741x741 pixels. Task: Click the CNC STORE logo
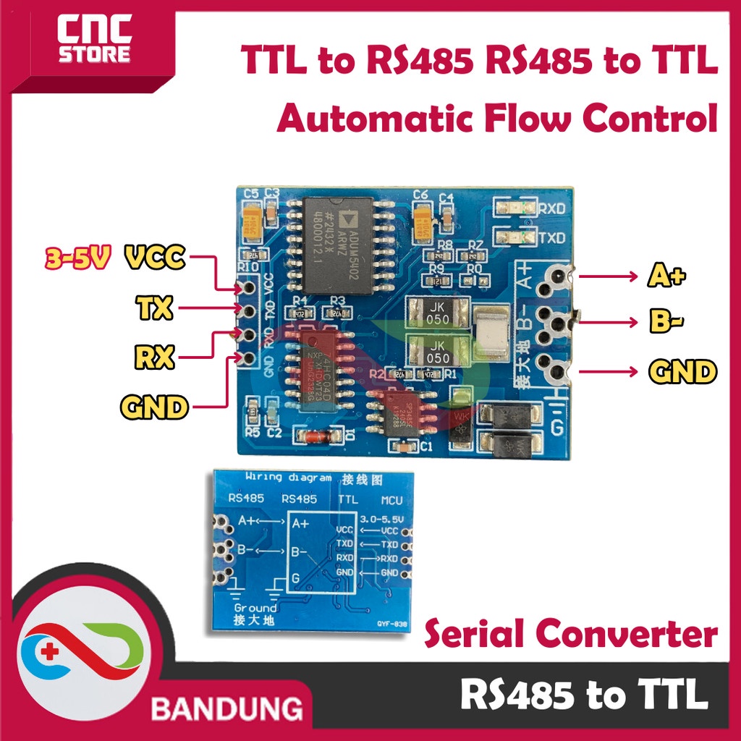click(95, 41)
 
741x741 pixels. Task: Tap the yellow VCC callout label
click(156, 258)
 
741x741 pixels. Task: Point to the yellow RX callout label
click(154, 357)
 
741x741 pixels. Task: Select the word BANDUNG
click(227, 708)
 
